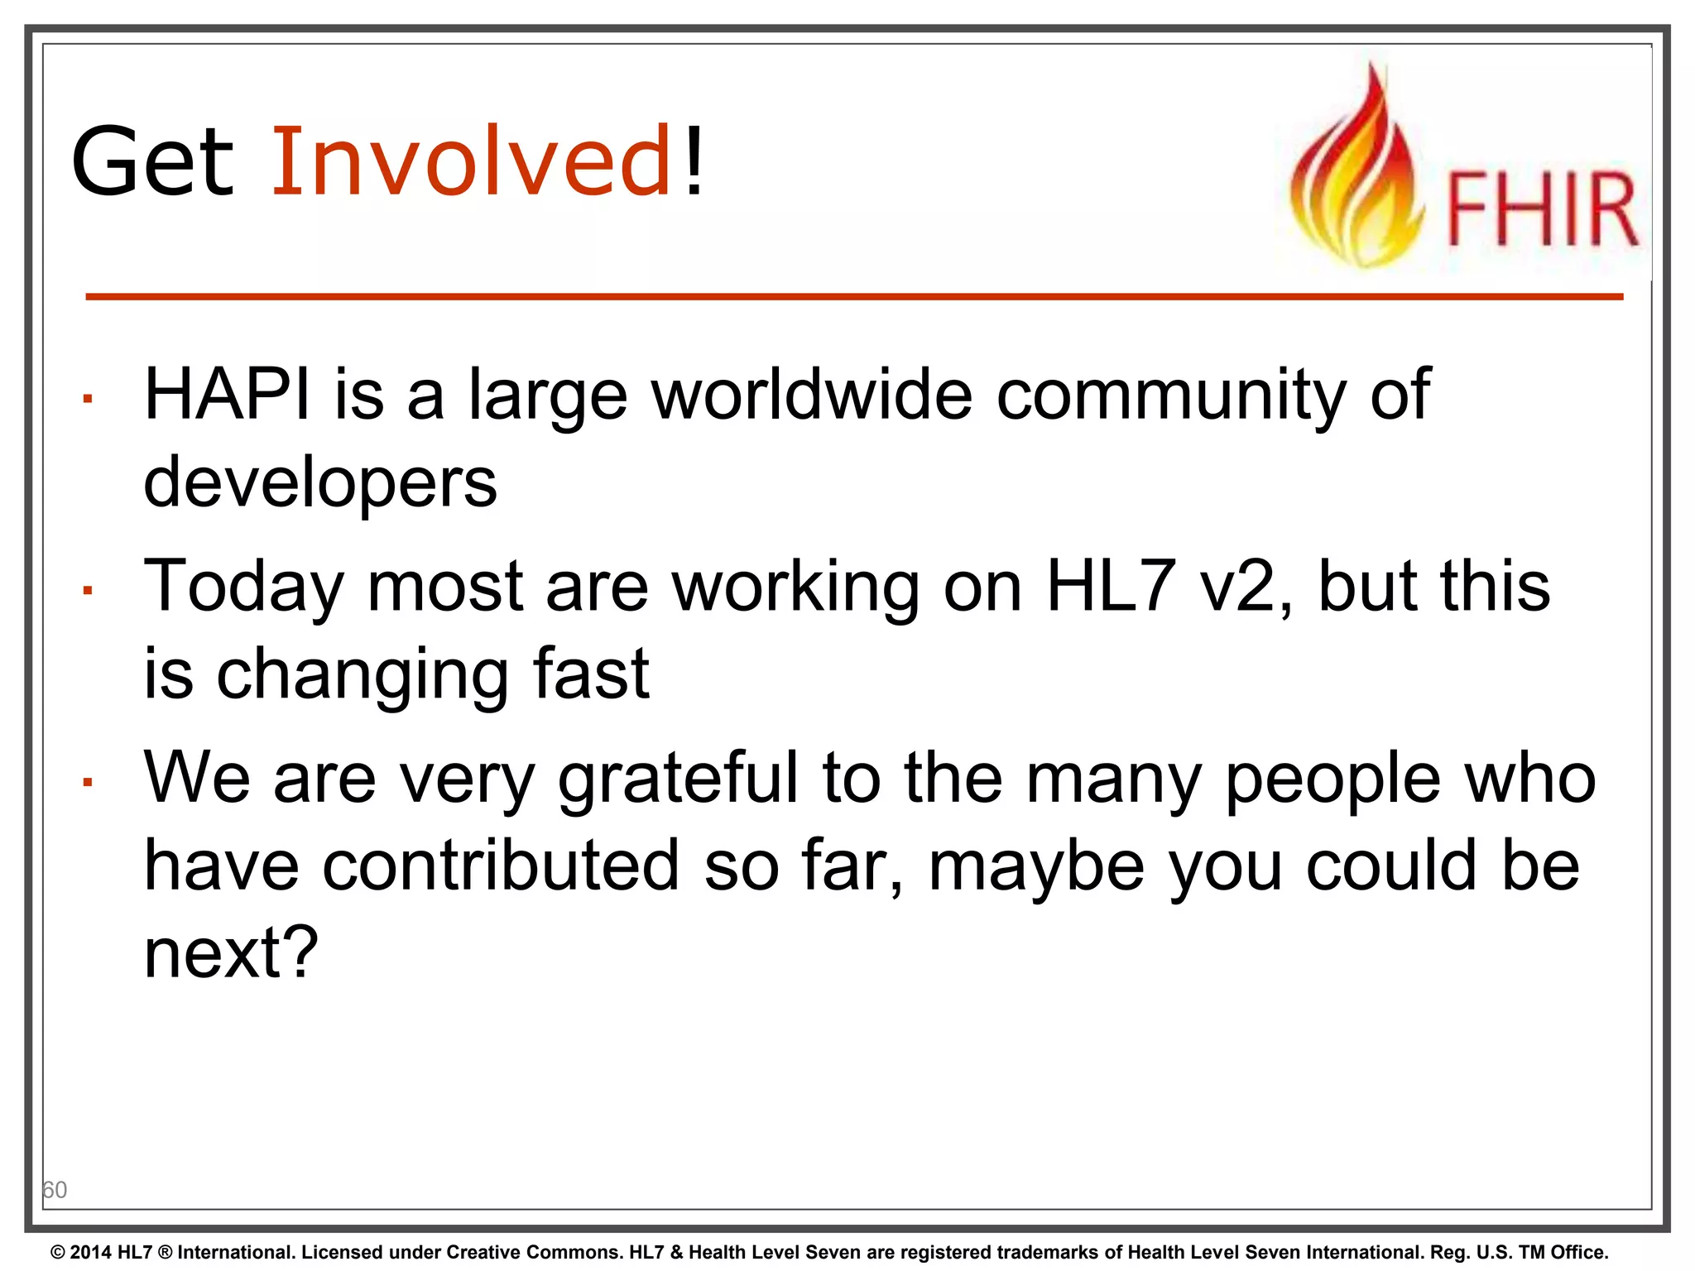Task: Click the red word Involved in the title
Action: (x=470, y=161)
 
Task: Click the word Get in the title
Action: (x=153, y=161)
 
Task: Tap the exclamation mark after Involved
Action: (x=694, y=161)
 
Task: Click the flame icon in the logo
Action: (x=1357, y=174)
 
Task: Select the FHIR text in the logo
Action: (x=1541, y=209)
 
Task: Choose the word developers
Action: (x=320, y=482)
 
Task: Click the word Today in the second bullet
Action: (x=243, y=586)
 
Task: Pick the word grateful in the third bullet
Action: (x=678, y=778)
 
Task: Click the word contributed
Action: (x=501, y=866)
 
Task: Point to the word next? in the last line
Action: (x=231, y=953)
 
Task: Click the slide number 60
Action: (x=55, y=1190)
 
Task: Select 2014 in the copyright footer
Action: (x=90, y=1252)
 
